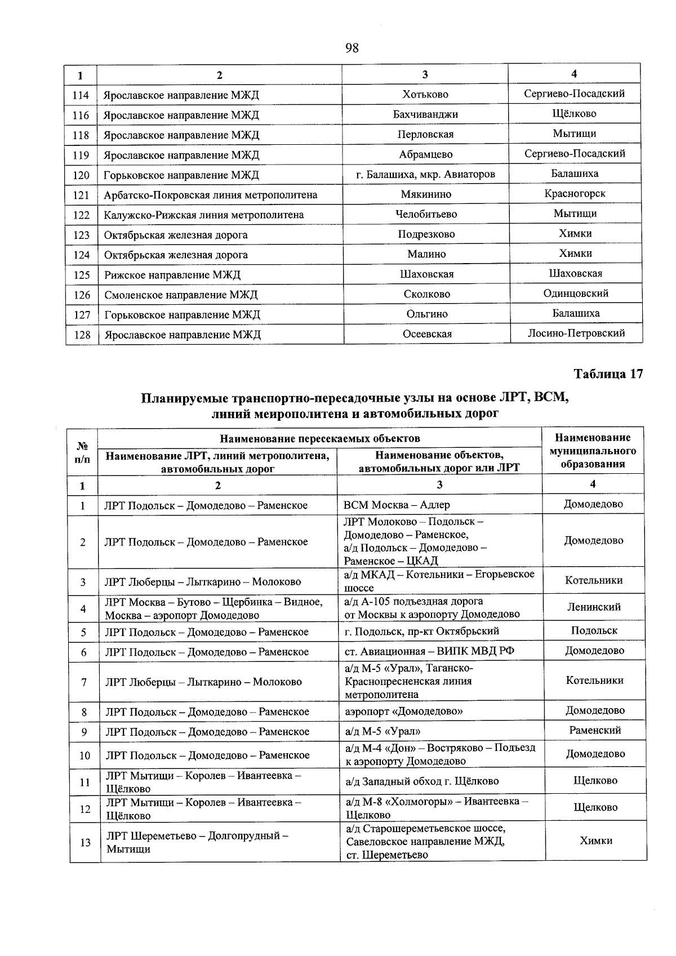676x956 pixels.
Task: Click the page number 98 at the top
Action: pyautogui.click(x=352, y=48)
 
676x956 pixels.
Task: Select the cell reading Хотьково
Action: pyautogui.click(x=425, y=95)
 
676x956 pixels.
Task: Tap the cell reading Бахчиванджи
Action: pyautogui.click(x=425, y=114)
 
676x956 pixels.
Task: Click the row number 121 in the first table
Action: pyautogui.click(x=81, y=195)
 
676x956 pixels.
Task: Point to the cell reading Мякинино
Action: pyautogui.click(x=426, y=194)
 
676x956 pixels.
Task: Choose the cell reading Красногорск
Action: pyautogui.click(x=575, y=193)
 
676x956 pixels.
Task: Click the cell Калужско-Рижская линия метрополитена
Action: pyautogui.click(x=203, y=215)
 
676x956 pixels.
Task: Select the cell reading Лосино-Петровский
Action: pyautogui.click(x=576, y=333)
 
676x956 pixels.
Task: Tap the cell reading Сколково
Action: pyautogui.click(x=426, y=294)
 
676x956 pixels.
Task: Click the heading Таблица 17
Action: pyautogui.click(x=608, y=374)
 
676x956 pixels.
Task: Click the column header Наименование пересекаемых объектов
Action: pyautogui.click(x=319, y=438)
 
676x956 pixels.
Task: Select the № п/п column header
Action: pyautogui.click(x=82, y=452)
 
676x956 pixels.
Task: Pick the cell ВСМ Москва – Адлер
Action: pyautogui.click(x=397, y=505)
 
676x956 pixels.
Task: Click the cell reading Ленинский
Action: pyautogui.click(x=594, y=607)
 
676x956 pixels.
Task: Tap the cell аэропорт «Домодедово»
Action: pyautogui.click(x=403, y=711)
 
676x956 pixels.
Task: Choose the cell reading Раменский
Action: pyautogui.click(x=595, y=731)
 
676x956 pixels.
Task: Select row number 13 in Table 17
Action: pyautogui.click(x=85, y=842)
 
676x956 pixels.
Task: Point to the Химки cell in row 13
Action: pyautogui.click(x=595, y=841)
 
